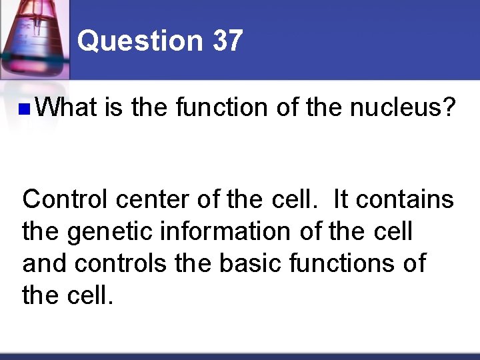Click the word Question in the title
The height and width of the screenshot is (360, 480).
(139, 41)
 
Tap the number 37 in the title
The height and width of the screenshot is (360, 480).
(227, 41)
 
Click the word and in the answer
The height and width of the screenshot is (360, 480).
(45, 263)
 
